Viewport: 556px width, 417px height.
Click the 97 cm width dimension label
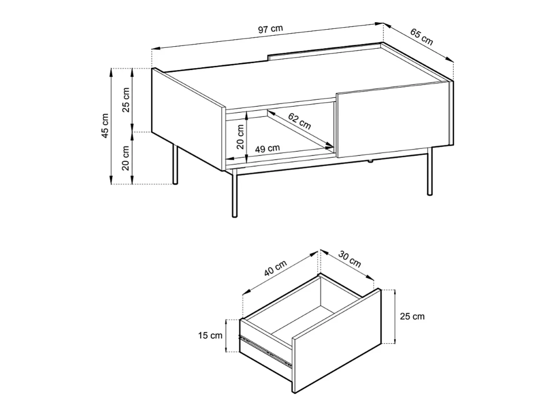tap(270, 29)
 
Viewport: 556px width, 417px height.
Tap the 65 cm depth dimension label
tap(422, 37)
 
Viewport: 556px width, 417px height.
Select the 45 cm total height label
tap(105, 126)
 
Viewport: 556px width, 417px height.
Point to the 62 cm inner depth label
tap(299, 121)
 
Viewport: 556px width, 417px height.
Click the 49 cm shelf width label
tap(267, 149)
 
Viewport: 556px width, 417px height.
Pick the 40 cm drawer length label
tap(275, 268)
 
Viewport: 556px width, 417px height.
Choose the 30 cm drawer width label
tap(350, 259)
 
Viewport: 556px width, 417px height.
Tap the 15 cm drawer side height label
tap(210, 336)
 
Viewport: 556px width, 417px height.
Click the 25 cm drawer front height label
tap(412, 316)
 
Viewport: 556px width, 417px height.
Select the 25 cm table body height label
tap(126, 100)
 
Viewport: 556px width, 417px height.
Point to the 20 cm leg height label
tap(126, 158)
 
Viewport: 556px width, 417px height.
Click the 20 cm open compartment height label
tap(240, 137)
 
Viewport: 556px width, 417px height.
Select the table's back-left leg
tap(175, 164)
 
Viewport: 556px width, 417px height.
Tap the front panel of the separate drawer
tap(337, 340)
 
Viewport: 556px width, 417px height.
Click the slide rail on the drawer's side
tap(265, 351)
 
